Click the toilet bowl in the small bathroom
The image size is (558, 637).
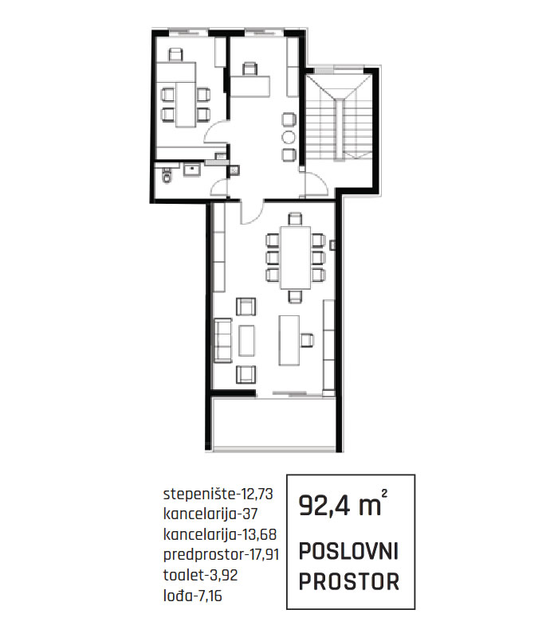167,175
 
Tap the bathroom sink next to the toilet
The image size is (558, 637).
191,169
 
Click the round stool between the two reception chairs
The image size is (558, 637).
289,137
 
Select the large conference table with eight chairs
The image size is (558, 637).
296,257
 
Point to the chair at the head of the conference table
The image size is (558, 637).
295,219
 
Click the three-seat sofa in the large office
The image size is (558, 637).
222,340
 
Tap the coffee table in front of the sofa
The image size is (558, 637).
246,341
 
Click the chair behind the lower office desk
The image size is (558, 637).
307,340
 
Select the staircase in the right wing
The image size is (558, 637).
338,118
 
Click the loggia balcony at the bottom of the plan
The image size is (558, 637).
273,423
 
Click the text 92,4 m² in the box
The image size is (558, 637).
343,504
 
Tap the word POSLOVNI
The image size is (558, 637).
348,551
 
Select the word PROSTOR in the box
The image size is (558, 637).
349,581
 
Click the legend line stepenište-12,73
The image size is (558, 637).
218,494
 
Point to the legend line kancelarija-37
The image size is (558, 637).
210,514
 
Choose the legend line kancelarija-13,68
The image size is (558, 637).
220,534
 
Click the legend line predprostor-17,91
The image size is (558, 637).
222,555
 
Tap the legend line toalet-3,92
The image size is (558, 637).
200,575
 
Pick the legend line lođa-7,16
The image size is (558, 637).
192,596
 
